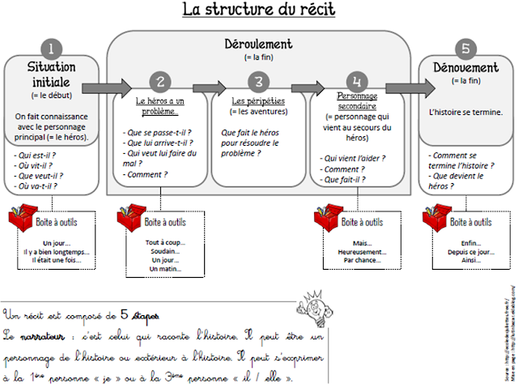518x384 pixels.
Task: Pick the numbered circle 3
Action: (258, 81)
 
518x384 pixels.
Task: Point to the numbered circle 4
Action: (357, 81)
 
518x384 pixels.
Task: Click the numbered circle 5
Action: (465, 48)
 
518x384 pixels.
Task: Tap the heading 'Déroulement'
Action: (258, 44)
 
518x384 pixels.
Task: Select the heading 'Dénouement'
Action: (465, 68)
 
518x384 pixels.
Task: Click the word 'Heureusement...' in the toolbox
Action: (357, 252)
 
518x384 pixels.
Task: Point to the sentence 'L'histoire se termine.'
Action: (465, 111)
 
